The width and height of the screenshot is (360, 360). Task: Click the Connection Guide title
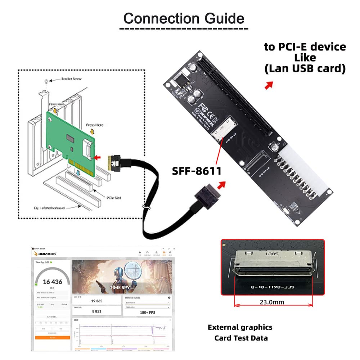click(184, 18)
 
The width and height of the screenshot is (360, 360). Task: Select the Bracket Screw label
click(71, 78)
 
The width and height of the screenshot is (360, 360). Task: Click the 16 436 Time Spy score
click(53, 282)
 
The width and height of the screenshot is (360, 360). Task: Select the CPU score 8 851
click(96, 311)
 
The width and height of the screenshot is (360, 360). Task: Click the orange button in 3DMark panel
click(53, 338)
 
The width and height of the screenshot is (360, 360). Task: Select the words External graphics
click(240, 327)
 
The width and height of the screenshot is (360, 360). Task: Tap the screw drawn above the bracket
click(46, 81)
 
